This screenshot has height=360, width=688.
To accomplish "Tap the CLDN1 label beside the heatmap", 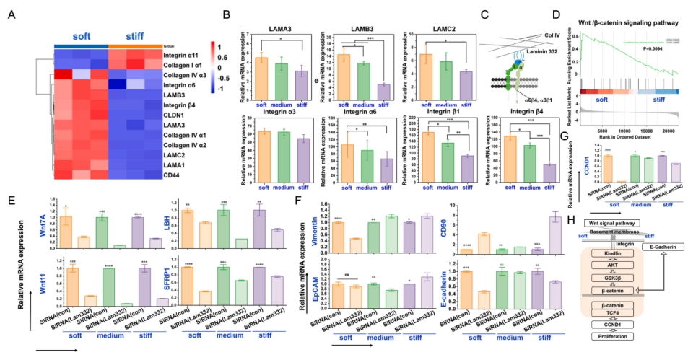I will (x=175, y=114).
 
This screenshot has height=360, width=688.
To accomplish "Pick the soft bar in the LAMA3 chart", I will (x=262, y=71).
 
